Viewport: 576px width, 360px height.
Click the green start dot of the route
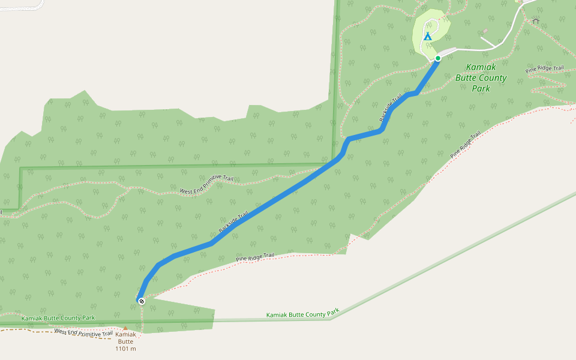point(438,58)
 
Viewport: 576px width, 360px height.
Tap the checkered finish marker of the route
point(142,301)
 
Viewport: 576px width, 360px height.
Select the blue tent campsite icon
point(428,37)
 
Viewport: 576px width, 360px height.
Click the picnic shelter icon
point(536,22)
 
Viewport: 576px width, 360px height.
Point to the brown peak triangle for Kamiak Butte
point(125,329)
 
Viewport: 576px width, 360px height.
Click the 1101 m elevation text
point(125,349)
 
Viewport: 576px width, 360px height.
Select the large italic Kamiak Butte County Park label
point(481,78)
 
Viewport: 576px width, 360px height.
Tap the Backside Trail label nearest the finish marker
point(233,223)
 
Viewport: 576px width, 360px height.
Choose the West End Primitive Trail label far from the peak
point(206,187)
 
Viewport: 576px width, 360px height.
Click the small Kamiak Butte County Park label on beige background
point(303,313)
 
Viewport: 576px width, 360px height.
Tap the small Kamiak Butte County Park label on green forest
point(58,317)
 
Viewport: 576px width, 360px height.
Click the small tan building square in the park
point(484,31)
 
